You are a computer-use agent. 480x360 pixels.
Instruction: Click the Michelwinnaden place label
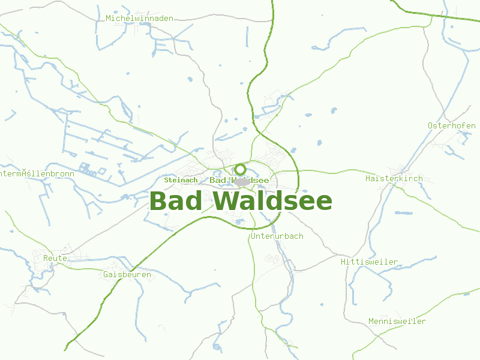tap(139, 19)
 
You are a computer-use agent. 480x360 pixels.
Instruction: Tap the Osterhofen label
tap(451, 126)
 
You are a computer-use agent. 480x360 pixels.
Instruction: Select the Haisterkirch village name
tap(394, 179)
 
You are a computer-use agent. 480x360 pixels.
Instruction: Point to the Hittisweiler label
tap(369, 262)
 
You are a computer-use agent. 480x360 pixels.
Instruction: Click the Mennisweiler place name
tap(397, 322)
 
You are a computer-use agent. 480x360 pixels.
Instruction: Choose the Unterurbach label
tap(277, 236)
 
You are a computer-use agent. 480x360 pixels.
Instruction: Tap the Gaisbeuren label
tap(127, 274)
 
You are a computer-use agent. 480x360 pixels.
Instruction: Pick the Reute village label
tap(55, 258)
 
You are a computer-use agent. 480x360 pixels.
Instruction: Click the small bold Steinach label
tap(181, 180)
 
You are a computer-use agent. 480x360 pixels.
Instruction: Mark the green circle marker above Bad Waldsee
tap(241, 169)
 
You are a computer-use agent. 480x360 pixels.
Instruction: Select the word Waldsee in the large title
tap(272, 201)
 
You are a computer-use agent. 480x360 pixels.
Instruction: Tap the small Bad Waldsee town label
tap(239, 181)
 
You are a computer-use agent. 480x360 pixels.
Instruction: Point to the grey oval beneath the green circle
tap(241, 181)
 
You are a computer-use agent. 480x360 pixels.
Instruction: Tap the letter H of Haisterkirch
tap(368, 179)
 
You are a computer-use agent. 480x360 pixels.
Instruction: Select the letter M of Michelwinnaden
tap(109, 19)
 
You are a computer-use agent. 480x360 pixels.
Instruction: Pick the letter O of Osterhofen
tap(431, 126)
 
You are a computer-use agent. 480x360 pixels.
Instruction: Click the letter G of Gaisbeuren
tap(106, 274)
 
